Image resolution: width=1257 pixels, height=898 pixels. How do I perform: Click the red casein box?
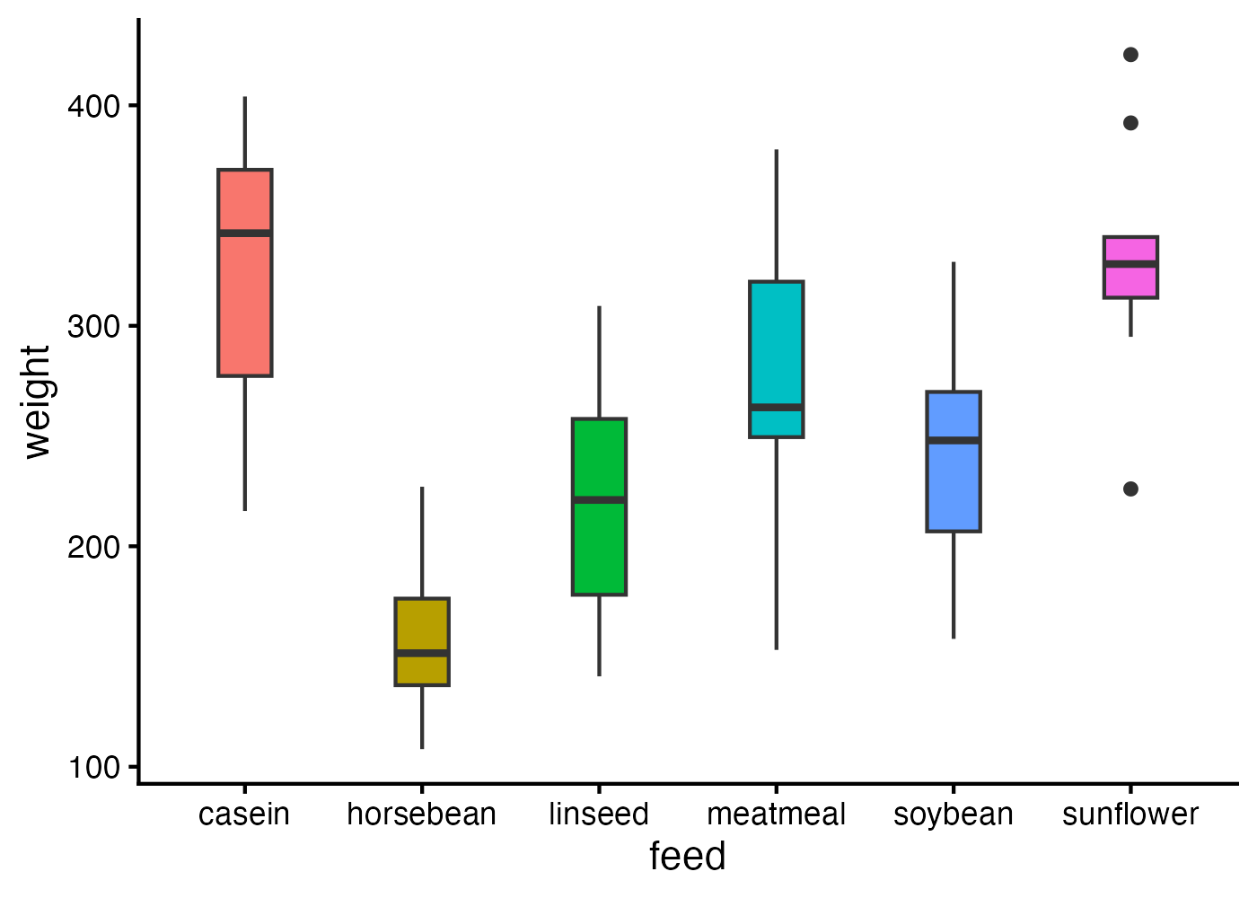[245, 287]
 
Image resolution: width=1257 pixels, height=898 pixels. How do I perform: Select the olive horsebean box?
[422, 629]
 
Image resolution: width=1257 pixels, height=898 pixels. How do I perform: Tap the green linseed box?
[599, 539]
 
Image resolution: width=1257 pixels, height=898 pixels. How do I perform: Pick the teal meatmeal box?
[777, 341]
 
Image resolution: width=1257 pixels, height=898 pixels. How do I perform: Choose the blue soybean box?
[954, 485]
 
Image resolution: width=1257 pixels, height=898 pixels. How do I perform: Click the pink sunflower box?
[1130, 278]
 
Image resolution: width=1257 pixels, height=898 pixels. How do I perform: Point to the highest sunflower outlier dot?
[1130, 55]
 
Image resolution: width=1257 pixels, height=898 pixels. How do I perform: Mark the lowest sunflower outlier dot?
[1130, 489]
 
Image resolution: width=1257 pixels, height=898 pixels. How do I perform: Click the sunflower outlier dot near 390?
[1130, 123]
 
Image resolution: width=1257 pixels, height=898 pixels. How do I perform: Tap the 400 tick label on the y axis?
[93, 106]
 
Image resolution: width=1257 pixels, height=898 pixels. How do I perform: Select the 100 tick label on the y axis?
[93, 768]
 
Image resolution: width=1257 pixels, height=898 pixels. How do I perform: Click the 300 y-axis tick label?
[93, 326]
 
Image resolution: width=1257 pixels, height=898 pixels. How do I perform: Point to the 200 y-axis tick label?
[93, 547]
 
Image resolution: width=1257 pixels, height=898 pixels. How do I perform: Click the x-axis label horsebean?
[422, 814]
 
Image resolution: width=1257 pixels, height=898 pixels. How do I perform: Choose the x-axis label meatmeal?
[777, 814]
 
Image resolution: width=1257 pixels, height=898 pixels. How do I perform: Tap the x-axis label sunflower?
[1130, 814]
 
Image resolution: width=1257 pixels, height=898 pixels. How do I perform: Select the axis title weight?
[38, 401]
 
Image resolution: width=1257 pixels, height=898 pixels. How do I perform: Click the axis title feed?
[688, 857]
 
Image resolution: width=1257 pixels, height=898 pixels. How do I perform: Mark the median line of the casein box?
[245, 233]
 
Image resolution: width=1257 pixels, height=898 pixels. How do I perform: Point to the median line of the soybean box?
[954, 440]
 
